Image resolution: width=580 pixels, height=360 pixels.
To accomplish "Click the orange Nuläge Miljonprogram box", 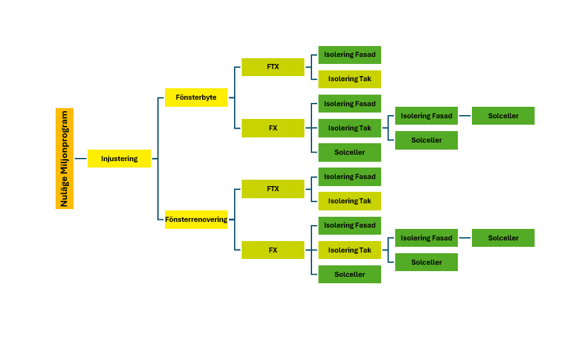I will [65, 159].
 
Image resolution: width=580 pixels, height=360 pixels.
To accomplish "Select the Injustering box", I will [119, 159].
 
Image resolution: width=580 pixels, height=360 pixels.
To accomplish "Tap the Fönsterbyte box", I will [196, 97].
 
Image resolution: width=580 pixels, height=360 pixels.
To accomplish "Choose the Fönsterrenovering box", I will [196, 219].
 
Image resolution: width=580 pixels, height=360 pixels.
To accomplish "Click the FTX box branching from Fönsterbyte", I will [272, 67].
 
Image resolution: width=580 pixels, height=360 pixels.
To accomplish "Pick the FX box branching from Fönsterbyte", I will [272, 128].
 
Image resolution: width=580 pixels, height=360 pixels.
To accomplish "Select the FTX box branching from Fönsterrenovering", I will [272, 189].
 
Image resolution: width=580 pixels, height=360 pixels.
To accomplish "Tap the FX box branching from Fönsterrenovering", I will [272, 250].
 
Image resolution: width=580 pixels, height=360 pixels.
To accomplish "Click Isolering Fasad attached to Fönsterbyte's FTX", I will [349, 54].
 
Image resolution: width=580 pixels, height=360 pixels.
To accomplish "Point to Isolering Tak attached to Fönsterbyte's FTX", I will [349, 79].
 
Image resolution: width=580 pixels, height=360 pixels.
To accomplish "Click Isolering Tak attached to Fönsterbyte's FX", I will [349, 128].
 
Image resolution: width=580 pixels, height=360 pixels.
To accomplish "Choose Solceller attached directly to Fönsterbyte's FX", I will [349, 152].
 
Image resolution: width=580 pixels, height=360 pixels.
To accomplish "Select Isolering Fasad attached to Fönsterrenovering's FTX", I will [349, 176].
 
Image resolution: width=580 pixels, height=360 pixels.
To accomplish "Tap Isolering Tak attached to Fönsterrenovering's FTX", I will [349, 201].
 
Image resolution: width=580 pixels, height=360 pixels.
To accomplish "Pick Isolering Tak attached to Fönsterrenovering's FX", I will [349, 250].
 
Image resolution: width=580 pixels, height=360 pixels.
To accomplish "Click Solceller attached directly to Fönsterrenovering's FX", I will [349, 274].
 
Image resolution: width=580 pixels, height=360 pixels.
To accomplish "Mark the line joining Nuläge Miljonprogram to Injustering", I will [81, 159].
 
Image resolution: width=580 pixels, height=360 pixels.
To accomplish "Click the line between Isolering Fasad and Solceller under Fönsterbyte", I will [465, 116].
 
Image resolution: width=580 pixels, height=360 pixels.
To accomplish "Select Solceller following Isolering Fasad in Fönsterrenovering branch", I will [503, 238].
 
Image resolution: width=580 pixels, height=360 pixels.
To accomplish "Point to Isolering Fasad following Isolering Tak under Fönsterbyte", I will [426, 116].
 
